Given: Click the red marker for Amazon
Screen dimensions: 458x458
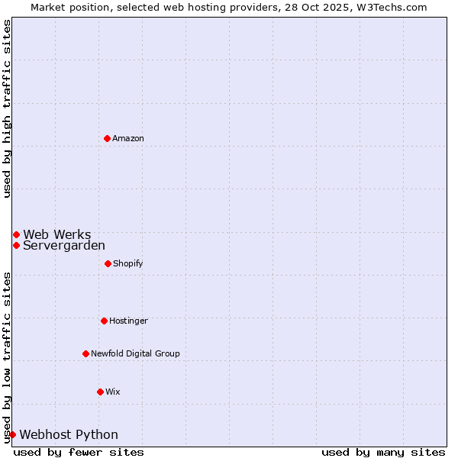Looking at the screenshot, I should point(107,138).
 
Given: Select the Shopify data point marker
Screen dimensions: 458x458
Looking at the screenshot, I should point(108,263).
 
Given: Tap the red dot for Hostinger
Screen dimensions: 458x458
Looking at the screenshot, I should point(104,321).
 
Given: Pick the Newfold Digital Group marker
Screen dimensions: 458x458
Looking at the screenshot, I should point(85,353).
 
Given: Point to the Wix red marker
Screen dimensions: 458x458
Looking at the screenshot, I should point(100,392).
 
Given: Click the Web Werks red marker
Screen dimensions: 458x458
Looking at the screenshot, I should point(16,234).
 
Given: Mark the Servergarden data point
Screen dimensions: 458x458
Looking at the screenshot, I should point(16,245).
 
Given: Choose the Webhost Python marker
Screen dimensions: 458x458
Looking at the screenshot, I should point(12,434).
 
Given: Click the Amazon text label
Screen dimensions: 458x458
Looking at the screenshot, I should point(128,138).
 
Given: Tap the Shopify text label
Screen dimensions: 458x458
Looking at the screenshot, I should point(128,263).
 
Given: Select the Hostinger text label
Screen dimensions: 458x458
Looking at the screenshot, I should point(128,321).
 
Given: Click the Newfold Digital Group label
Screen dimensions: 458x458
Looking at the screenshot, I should point(135,353).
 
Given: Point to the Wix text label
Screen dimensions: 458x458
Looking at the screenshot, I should point(113,392).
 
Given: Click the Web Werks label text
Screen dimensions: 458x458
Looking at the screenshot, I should point(57,234).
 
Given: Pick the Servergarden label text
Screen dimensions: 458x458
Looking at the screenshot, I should point(64,245).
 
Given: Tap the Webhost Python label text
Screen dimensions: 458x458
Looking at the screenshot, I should point(69,434).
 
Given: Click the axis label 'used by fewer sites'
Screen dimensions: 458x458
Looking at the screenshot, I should point(79,452).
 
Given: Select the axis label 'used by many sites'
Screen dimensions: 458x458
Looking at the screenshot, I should point(383,452).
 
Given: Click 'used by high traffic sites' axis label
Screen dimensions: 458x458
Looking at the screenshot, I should point(7,108).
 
